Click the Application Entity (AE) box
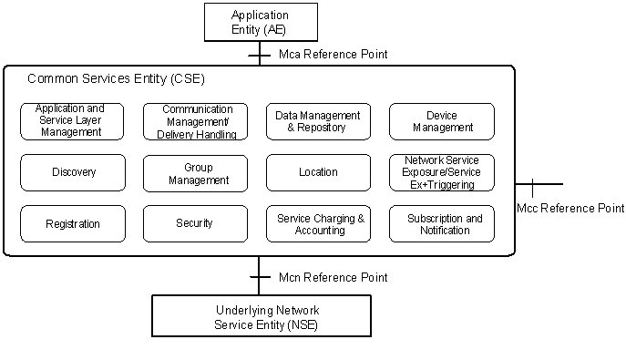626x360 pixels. pyautogui.click(x=260, y=22)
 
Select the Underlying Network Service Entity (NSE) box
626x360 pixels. pyautogui.click(x=260, y=316)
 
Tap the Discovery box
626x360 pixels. pyautogui.click(x=73, y=172)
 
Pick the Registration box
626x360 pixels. pyautogui.click(x=73, y=223)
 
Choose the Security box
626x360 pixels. pyautogui.click(x=195, y=223)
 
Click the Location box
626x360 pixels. pyautogui.click(x=318, y=172)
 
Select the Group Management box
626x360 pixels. pyautogui.click(x=195, y=173)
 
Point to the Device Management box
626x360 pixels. pyautogui.click(x=441, y=121)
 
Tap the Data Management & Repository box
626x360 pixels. pyautogui.click(x=318, y=121)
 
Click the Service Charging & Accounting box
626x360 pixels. pyautogui.click(x=318, y=224)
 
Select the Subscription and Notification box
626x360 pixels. pyautogui.click(x=441, y=224)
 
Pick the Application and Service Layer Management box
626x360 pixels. pyautogui.click(x=73, y=121)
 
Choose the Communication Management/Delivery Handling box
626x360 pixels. pyautogui.click(x=195, y=121)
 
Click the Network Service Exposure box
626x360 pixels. pyautogui.click(x=441, y=172)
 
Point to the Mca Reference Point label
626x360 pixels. pyautogui.click(x=333, y=55)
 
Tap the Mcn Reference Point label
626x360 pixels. pyautogui.click(x=333, y=277)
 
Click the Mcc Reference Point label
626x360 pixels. pyautogui.click(x=570, y=209)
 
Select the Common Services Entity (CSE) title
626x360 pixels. pyautogui.click(x=110, y=79)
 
